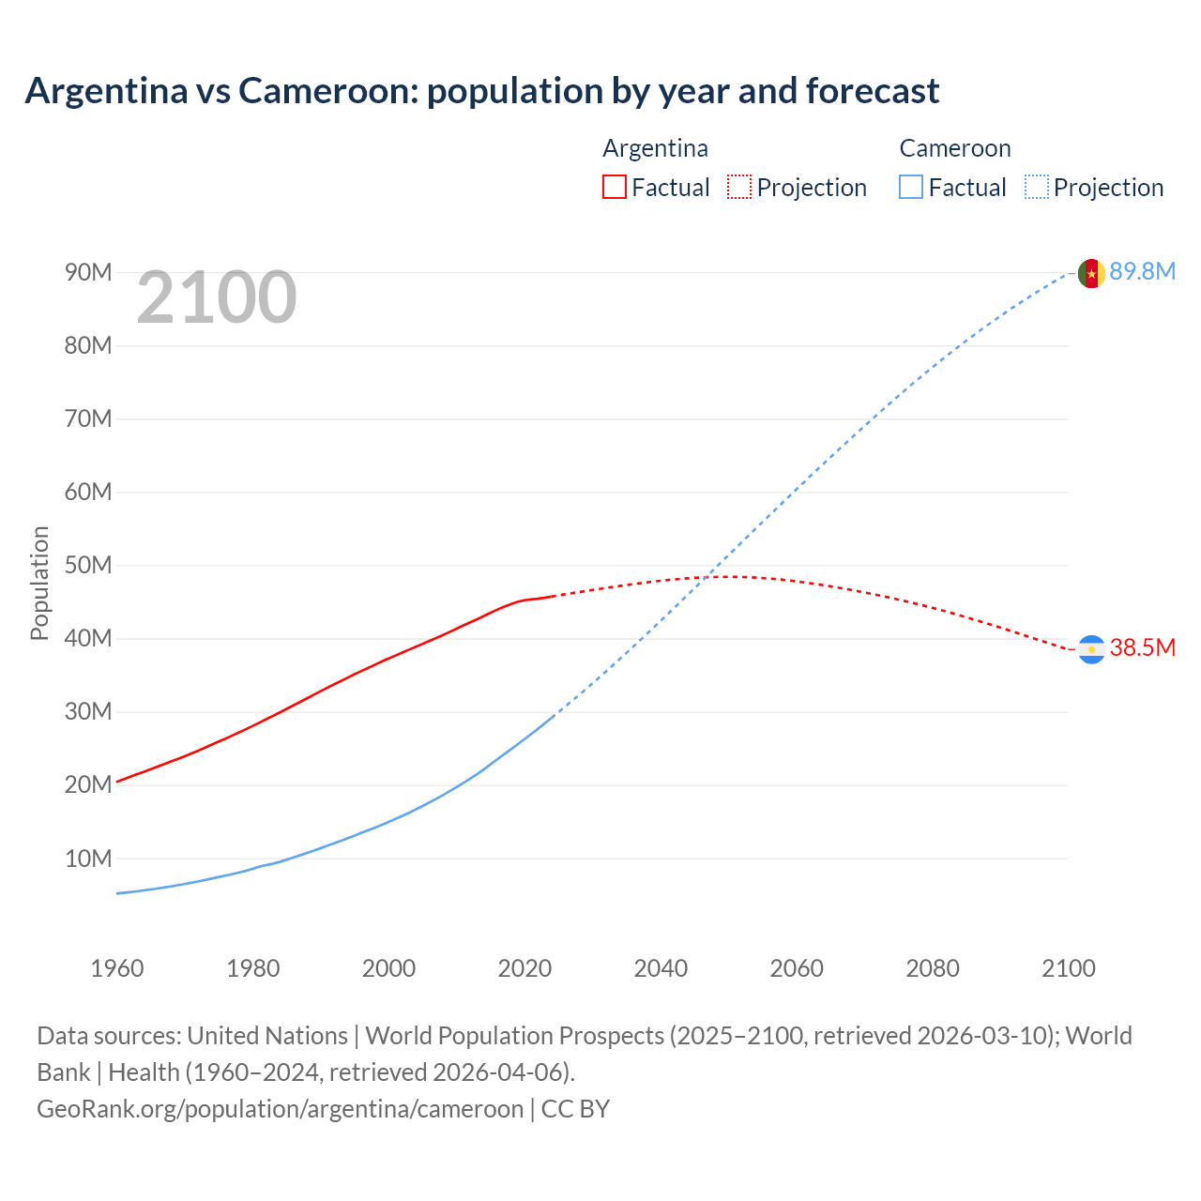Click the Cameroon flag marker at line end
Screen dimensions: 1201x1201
tap(1090, 273)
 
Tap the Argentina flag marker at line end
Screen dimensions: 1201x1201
tap(1090, 649)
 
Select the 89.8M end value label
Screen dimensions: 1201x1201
tap(1142, 271)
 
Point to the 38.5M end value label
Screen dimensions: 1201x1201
tap(1142, 647)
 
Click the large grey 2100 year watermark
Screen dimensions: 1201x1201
tap(217, 297)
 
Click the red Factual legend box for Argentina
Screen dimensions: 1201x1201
tap(614, 187)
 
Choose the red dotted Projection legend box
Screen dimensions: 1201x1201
tap(739, 187)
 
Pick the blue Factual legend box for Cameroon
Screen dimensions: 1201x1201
tap(910, 187)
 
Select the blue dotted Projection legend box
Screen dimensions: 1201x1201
tap(1036, 187)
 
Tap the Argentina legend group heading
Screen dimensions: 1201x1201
tap(655, 148)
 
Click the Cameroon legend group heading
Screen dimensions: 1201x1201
tap(954, 148)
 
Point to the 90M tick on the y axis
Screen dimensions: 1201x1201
tap(88, 272)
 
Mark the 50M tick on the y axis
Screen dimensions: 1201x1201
tap(88, 565)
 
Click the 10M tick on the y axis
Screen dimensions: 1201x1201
tap(88, 859)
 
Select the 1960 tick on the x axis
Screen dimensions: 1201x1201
tap(117, 968)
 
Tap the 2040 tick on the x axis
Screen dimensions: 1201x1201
tap(661, 968)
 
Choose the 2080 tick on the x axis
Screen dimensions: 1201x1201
tap(933, 968)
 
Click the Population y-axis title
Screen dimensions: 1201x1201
tap(39, 583)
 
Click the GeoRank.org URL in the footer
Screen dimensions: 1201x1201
tap(280, 1108)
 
